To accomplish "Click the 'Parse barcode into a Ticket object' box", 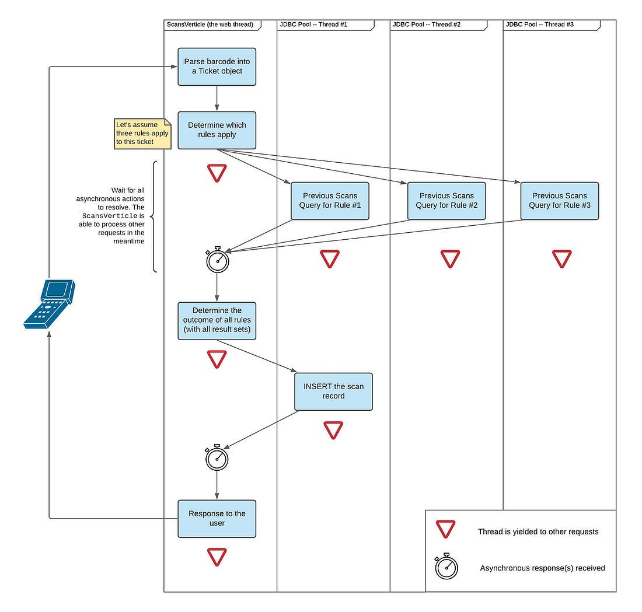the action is (x=217, y=67).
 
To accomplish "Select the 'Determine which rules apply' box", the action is (x=217, y=130).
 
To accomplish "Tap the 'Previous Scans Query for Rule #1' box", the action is (x=330, y=201).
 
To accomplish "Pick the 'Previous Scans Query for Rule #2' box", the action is (x=446, y=201).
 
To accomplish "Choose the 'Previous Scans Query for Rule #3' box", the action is (x=559, y=201).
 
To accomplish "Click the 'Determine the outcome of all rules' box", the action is (x=217, y=321).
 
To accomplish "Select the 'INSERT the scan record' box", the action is (x=333, y=391).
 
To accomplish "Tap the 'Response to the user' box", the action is (x=217, y=519).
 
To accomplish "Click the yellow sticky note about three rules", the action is (x=142, y=134).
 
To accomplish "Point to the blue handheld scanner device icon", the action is (x=50, y=304).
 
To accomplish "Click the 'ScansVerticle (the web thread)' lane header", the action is (x=212, y=25).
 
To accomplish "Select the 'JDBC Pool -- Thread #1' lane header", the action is (x=326, y=25).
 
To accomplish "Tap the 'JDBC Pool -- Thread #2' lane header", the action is (x=438, y=25).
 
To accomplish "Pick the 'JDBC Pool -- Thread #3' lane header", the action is (x=552, y=25).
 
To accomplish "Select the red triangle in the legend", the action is (x=445, y=529).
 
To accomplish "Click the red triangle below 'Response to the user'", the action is (x=217, y=557).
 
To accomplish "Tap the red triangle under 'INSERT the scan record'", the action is (x=333, y=430).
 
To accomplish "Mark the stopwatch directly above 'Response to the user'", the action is (x=217, y=457).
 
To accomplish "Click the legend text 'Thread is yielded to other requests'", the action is (x=538, y=531).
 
